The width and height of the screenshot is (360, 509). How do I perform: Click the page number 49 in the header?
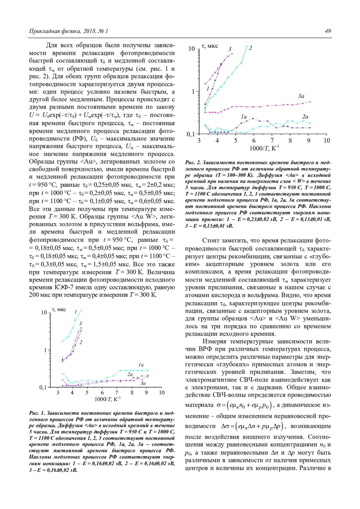[328, 31]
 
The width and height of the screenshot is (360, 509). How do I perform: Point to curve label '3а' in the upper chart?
[301, 96]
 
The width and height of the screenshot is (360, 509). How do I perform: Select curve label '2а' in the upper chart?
[305, 117]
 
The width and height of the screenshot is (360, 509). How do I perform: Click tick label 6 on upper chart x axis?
[254, 141]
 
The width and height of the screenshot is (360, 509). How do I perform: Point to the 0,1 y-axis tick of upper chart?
[191, 134]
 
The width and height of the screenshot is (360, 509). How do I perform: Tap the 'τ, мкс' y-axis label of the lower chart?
[59, 309]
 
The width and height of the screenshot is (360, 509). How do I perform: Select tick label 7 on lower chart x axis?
[117, 393]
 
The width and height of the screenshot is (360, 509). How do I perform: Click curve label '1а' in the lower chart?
[141, 365]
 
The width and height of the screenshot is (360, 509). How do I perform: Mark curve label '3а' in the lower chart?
[143, 383]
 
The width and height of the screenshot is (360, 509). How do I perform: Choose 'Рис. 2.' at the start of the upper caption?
[193, 163]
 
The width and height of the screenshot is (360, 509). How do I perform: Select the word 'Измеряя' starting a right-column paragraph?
[214, 341]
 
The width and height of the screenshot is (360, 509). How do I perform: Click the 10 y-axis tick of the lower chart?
[44, 313]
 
